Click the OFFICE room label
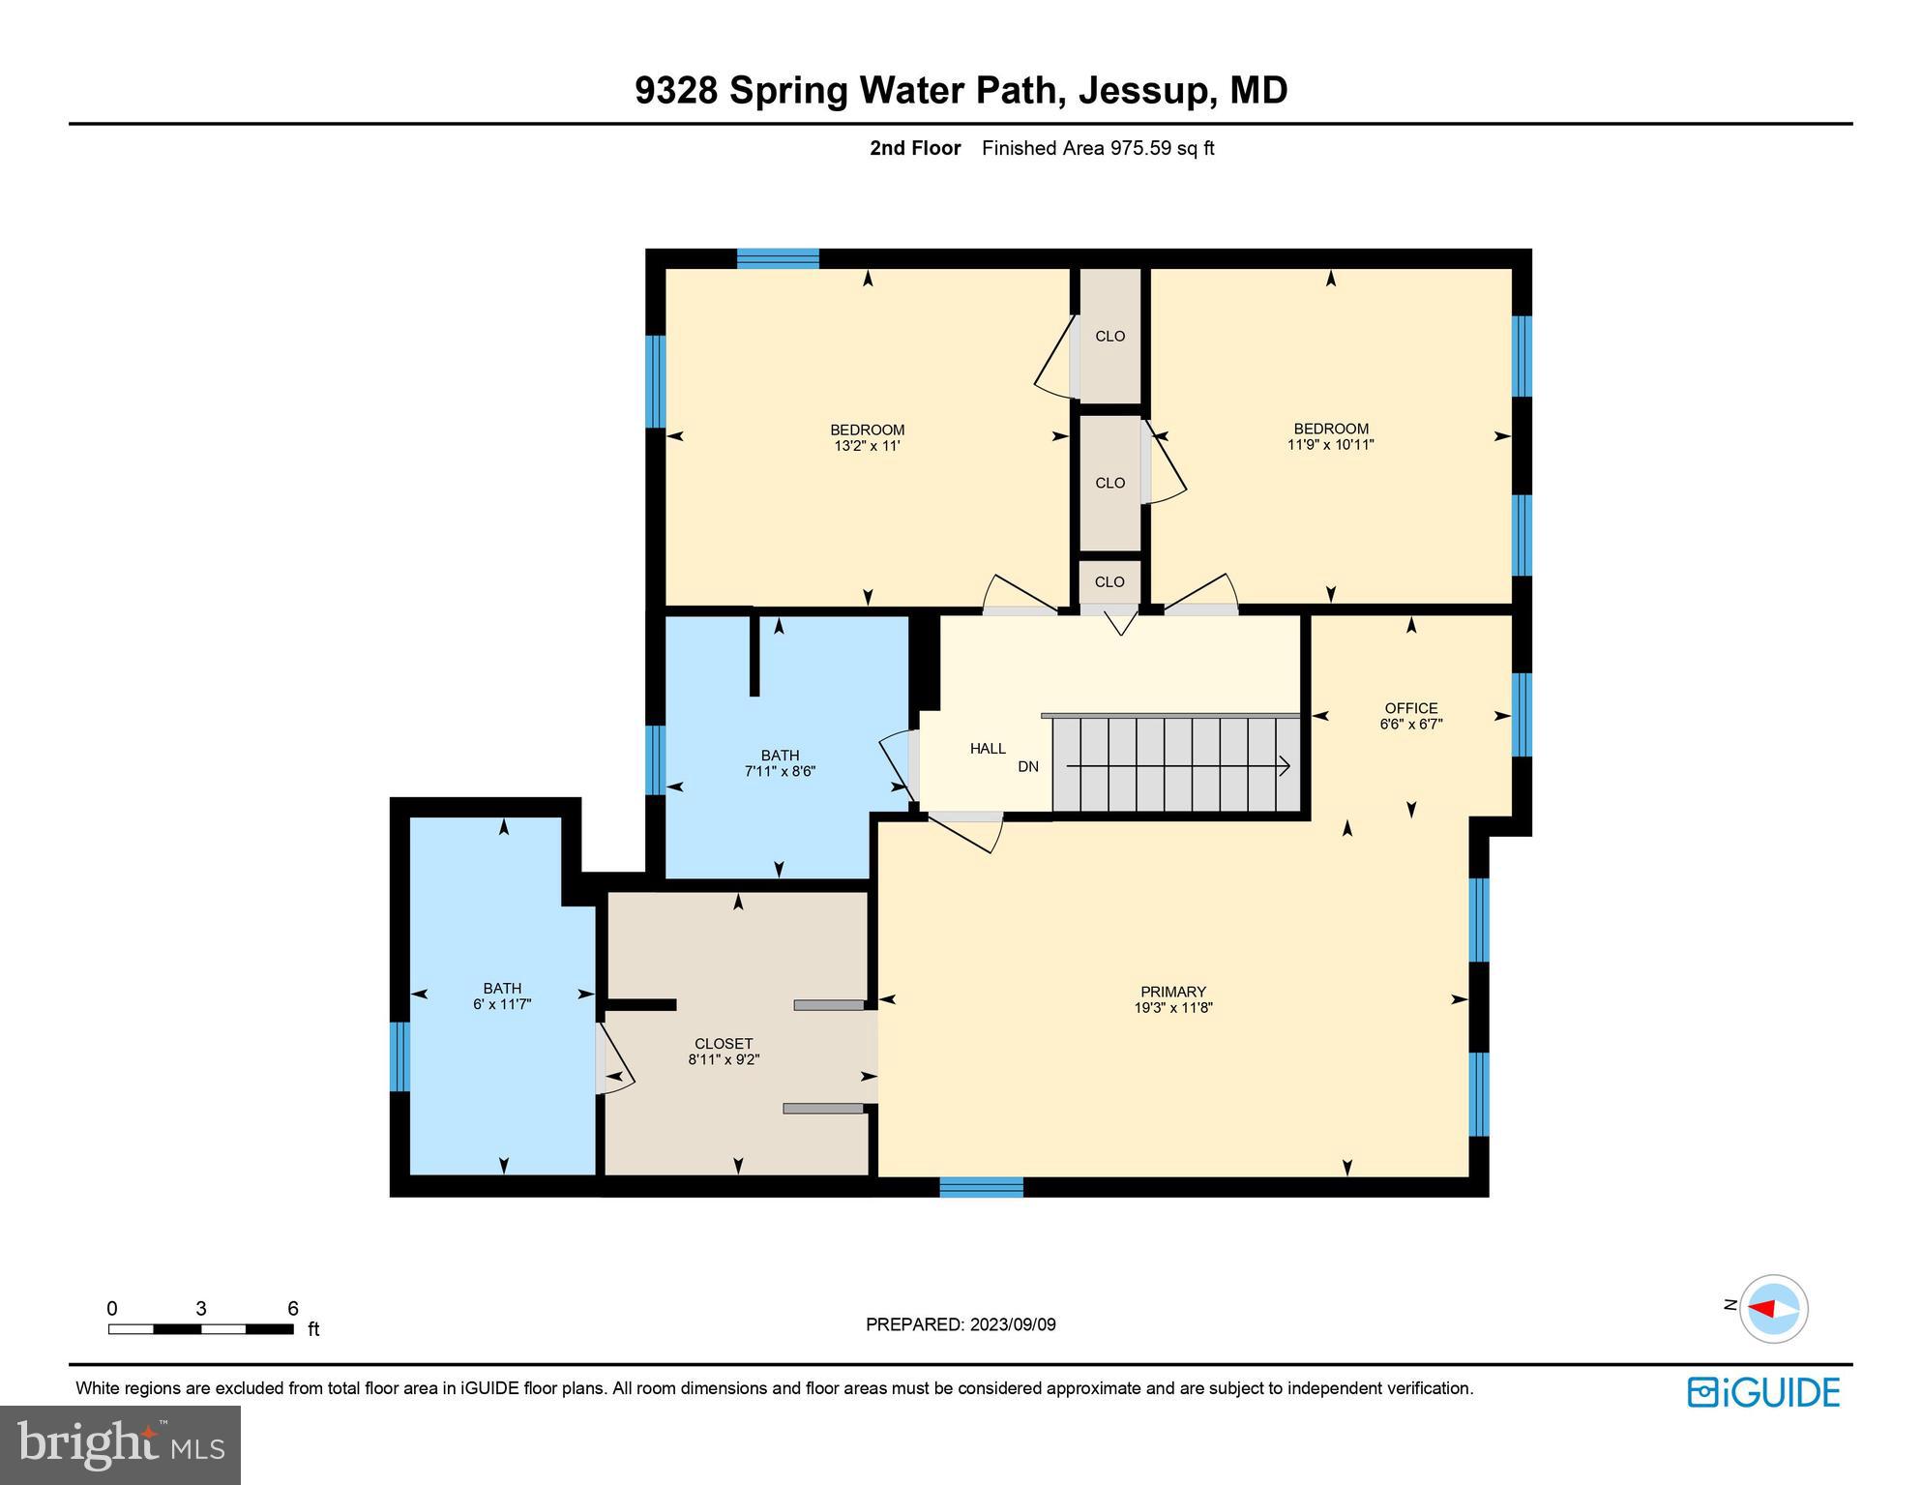pyautogui.click(x=1410, y=708)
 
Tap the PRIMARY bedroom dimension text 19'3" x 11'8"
pyautogui.click(x=1172, y=1007)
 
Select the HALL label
pyautogui.click(x=988, y=748)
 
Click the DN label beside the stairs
pyautogui.click(x=1028, y=766)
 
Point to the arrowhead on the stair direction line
pyautogui.click(x=1284, y=766)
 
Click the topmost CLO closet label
pyautogui.click(x=1109, y=337)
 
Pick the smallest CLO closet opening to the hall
pyautogui.click(x=1109, y=581)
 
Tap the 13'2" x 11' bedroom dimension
pyautogui.click(x=867, y=446)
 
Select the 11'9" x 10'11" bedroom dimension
pyautogui.click(x=1330, y=445)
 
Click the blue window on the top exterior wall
pyautogui.click(x=778, y=258)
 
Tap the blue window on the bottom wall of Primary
pyautogui.click(x=981, y=1187)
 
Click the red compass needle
pyautogui.click(x=1762, y=1309)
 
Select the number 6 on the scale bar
pyautogui.click(x=292, y=1309)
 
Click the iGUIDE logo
pyautogui.click(x=1762, y=1392)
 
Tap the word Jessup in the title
pyautogui.click(x=1141, y=90)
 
